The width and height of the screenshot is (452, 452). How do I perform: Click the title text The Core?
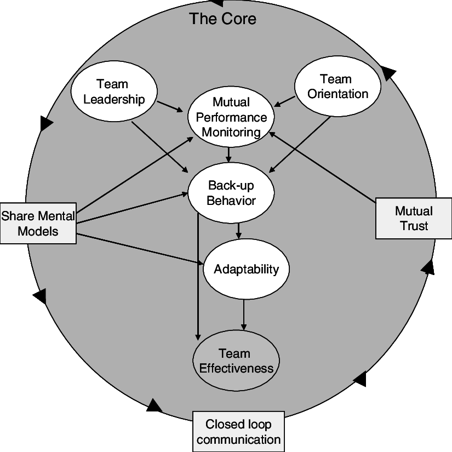tap(222, 19)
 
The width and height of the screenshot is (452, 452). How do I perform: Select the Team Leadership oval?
tap(114, 91)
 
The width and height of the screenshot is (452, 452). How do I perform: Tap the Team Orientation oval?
tap(337, 87)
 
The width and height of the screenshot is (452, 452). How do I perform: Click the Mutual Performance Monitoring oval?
tap(231, 117)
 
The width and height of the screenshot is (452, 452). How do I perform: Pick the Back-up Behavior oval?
tap(231, 193)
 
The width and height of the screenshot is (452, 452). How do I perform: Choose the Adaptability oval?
tap(246, 269)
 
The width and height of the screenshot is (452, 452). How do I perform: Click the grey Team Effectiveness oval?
tap(236, 361)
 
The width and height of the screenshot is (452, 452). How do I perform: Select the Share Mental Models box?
tap(38, 223)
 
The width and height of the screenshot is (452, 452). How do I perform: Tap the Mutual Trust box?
tap(414, 218)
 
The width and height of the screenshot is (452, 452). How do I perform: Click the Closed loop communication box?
tap(239, 432)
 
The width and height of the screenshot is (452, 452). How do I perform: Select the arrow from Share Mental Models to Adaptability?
tap(140, 249)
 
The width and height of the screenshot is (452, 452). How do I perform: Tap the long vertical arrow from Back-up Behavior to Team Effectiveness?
tap(198, 274)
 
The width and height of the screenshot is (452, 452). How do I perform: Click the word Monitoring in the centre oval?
tap(231, 132)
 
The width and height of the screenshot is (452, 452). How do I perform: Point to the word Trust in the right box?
tap(414, 226)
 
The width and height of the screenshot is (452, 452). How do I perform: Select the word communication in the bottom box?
tap(239, 439)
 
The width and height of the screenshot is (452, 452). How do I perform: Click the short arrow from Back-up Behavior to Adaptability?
tap(238, 230)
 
